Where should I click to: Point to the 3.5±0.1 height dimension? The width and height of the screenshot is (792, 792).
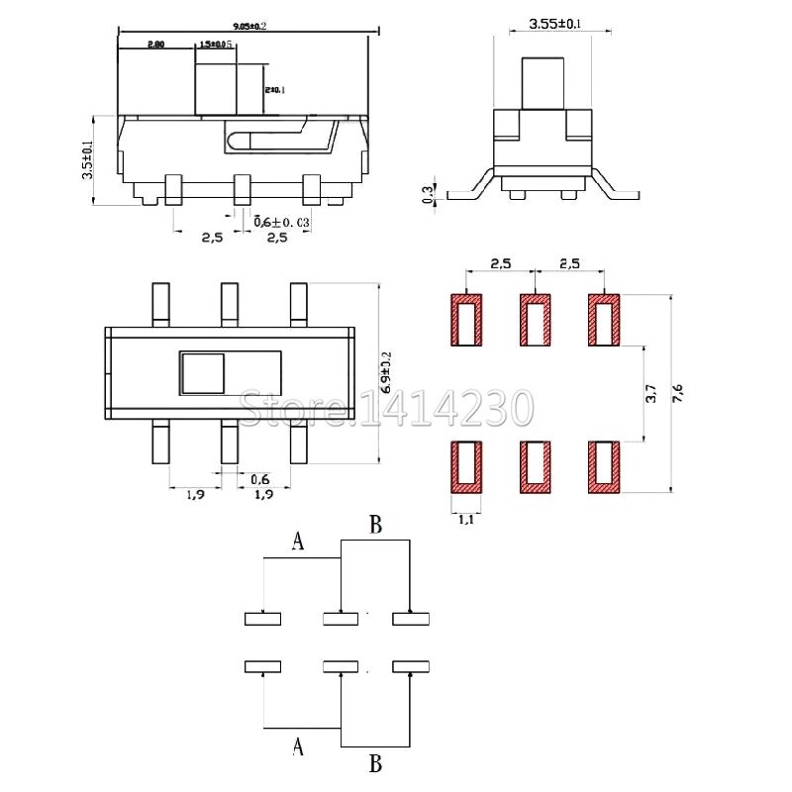click(87, 159)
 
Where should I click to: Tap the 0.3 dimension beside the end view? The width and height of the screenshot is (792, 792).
click(428, 193)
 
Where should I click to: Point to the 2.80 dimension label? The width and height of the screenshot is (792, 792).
click(155, 45)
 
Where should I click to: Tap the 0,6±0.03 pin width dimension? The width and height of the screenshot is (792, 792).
click(282, 223)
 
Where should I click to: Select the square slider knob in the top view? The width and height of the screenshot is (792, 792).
click(202, 374)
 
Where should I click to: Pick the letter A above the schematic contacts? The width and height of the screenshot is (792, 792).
click(298, 541)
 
